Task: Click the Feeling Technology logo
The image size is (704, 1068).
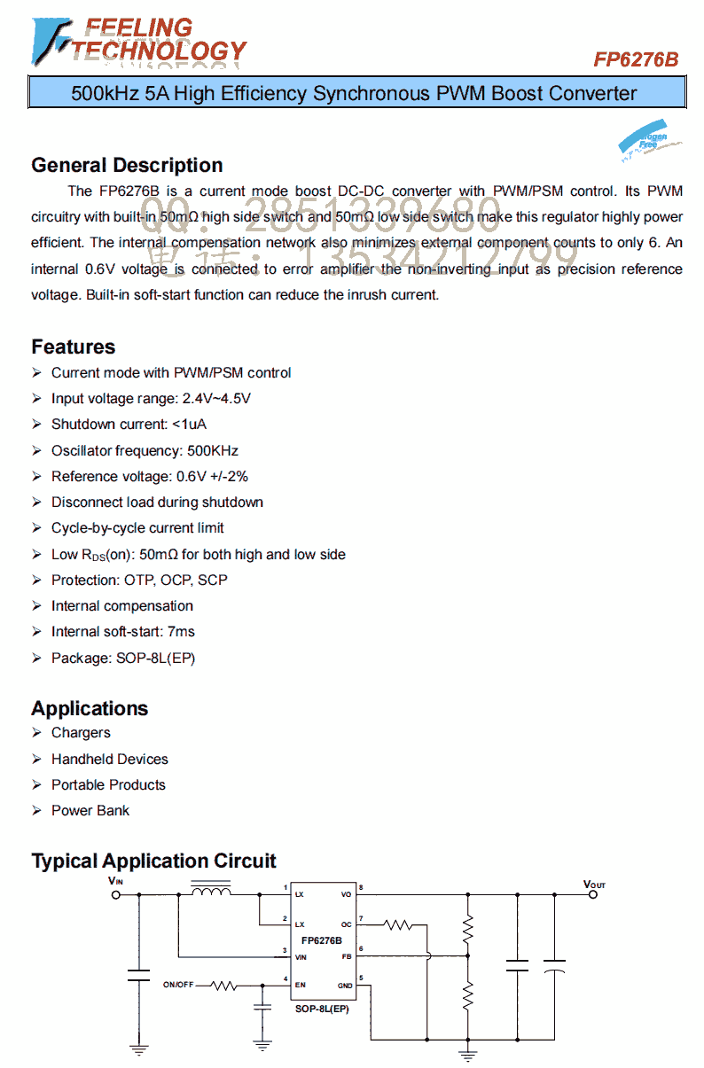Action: click(138, 42)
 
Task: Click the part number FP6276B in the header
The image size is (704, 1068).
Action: click(636, 59)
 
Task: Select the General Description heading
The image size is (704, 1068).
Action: click(127, 165)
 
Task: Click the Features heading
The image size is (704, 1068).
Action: click(74, 347)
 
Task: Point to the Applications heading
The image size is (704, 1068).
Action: click(90, 708)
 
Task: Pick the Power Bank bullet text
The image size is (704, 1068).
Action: click(90, 810)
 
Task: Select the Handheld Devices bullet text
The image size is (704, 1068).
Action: click(109, 759)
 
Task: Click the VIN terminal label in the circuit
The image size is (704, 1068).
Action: click(115, 880)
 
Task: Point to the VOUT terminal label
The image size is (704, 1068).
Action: click(594, 885)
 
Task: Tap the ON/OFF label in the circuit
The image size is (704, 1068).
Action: click(178, 985)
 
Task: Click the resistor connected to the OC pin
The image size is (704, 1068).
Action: click(399, 925)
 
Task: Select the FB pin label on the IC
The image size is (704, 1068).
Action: click(346, 956)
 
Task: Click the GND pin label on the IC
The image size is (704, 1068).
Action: click(344, 986)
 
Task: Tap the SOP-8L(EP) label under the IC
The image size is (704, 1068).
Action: click(322, 1009)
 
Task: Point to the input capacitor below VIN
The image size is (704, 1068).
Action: click(138, 975)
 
